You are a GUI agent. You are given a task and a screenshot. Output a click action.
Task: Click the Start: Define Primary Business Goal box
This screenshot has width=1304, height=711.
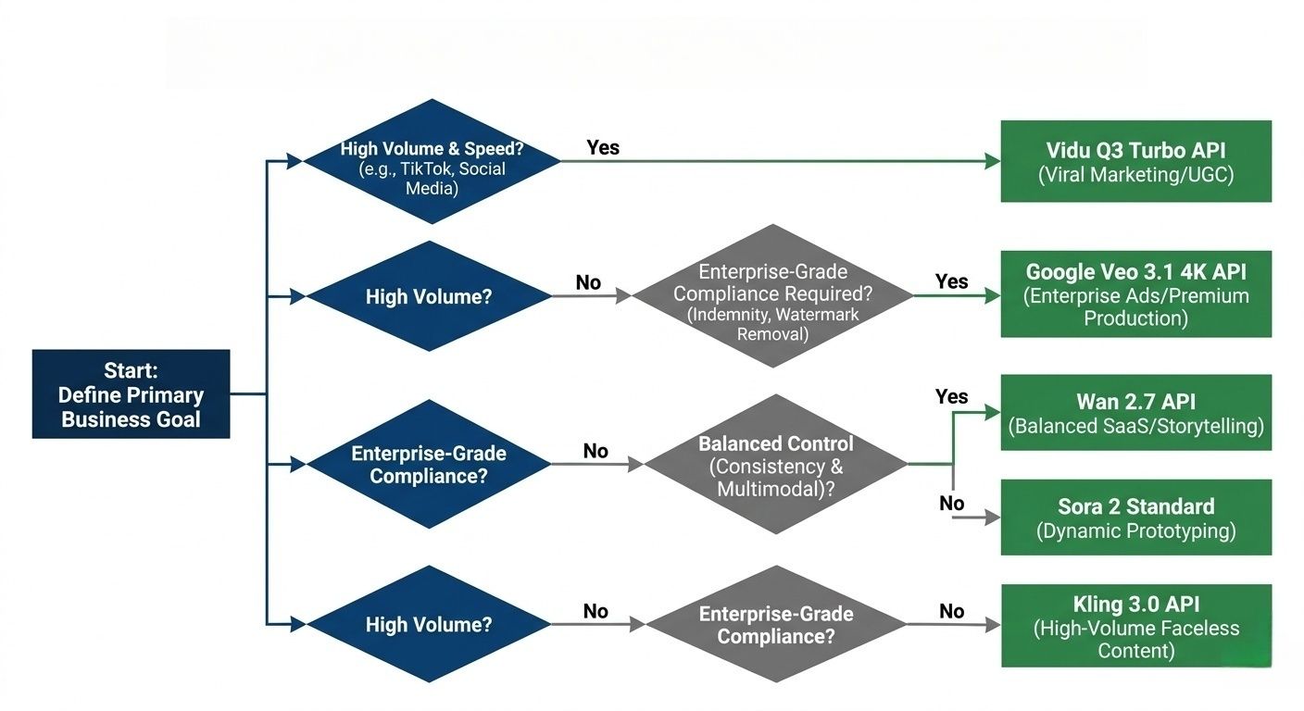pyautogui.click(x=131, y=393)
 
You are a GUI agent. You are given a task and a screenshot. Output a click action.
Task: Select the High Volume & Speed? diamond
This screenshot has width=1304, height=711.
pyautogui.click(x=432, y=161)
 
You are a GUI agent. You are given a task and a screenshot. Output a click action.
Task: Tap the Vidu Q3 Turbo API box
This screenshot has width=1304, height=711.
pyautogui.click(x=1135, y=161)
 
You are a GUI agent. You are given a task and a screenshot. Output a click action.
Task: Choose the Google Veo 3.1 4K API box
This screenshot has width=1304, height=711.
pyautogui.click(x=1135, y=294)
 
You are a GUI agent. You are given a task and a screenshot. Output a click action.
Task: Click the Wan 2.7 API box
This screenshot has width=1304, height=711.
pyautogui.click(x=1135, y=413)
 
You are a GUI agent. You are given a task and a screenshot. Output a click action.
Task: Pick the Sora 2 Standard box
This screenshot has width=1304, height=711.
pyautogui.click(x=1135, y=518)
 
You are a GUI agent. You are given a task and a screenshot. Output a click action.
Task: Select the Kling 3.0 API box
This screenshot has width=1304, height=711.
pyautogui.click(x=1135, y=626)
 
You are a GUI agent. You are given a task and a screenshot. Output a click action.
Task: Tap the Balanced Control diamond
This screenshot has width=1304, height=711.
pyautogui.click(x=775, y=465)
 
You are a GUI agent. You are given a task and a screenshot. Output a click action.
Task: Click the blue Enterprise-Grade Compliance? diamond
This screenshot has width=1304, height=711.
pyautogui.click(x=428, y=464)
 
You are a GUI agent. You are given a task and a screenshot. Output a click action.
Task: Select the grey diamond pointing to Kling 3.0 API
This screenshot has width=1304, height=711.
pyautogui.click(x=775, y=625)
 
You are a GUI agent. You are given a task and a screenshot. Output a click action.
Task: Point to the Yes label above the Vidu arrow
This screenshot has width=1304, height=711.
pyautogui.click(x=603, y=147)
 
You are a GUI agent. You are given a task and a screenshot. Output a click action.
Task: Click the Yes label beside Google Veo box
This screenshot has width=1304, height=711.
pyautogui.click(x=951, y=281)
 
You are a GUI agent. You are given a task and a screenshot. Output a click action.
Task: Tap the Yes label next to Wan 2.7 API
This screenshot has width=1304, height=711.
pyautogui.click(x=951, y=396)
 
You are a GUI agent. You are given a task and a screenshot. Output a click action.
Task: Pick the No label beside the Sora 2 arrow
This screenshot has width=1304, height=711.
pyautogui.click(x=951, y=504)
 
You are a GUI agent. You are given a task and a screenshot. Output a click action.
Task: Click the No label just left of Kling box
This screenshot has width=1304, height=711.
pyautogui.click(x=951, y=611)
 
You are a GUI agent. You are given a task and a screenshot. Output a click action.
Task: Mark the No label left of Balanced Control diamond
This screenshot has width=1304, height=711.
pyautogui.click(x=596, y=451)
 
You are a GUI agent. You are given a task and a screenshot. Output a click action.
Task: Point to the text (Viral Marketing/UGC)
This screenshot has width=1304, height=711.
pyautogui.click(x=1135, y=174)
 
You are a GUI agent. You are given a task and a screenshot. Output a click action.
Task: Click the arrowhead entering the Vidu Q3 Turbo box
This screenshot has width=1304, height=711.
pyautogui.click(x=993, y=161)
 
